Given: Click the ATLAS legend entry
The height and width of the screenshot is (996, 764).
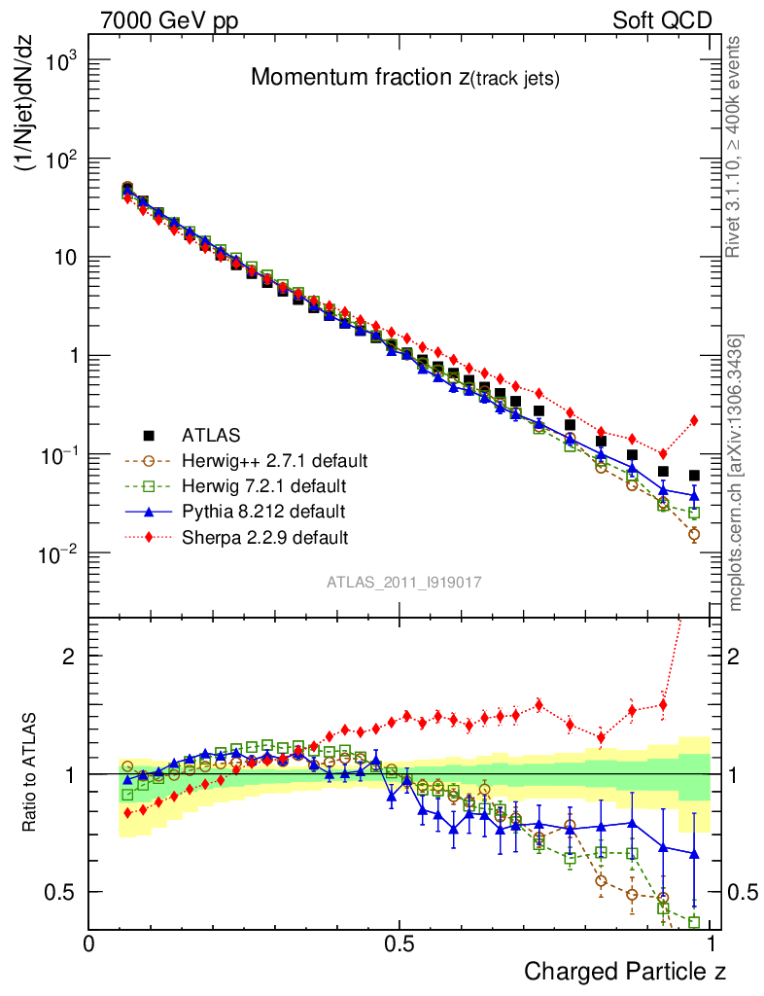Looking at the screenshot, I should [x=212, y=435].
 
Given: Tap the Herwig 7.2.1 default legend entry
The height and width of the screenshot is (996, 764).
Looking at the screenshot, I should [x=264, y=485].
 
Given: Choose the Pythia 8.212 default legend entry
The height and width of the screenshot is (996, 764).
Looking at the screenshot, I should [x=263, y=511].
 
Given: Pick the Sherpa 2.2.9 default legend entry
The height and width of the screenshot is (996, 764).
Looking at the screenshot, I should [x=264, y=536].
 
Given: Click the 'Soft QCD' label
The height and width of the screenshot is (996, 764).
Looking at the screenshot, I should [x=662, y=19].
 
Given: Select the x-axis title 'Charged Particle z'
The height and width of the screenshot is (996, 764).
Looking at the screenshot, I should [x=625, y=971].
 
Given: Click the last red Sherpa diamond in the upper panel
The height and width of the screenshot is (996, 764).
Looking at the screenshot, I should [x=694, y=420].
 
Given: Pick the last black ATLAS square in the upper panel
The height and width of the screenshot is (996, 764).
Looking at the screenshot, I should [x=694, y=476].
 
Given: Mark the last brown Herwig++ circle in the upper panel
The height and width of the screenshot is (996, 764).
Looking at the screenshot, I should [x=694, y=534].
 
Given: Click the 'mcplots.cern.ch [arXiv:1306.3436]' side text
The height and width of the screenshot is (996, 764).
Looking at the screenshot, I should [x=736, y=474].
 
